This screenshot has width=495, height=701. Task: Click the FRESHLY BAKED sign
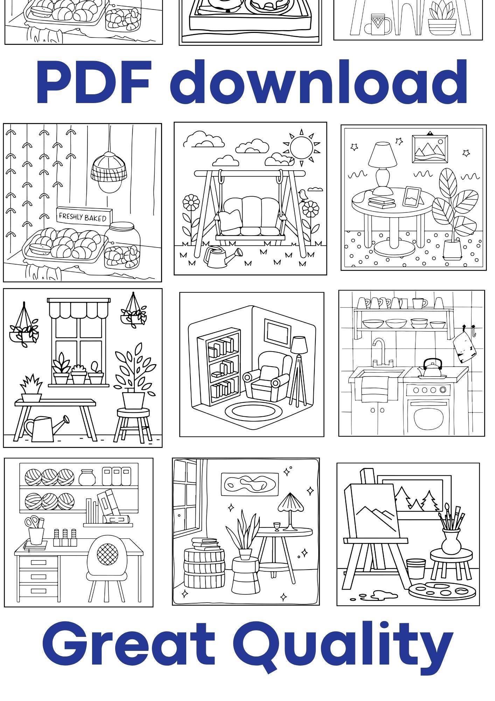click(x=84, y=215)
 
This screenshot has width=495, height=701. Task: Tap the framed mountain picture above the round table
click(x=430, y=149)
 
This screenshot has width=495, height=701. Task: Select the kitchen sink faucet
click(x=381, y=352)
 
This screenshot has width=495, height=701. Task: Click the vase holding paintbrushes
click(x=451, y=541)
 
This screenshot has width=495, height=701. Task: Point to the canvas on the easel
click(x=372, y=512)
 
